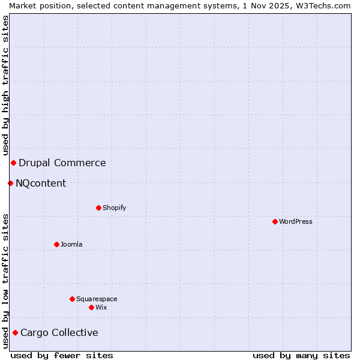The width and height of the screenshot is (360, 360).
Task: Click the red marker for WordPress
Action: [275, 221]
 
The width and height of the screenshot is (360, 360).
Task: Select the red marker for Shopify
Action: [98, 208]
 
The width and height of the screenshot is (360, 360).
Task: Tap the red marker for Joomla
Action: [56, 244]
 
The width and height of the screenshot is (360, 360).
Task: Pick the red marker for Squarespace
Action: [72, 299]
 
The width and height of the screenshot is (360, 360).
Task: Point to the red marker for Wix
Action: [91, 307]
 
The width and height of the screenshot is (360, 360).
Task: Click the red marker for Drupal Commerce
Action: [13, 163]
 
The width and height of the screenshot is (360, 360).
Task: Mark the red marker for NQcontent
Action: [10, 183]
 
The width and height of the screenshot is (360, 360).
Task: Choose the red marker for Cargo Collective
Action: [15, 332]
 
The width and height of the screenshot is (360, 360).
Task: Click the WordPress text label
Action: [296, 221]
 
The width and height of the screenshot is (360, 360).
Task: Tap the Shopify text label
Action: [115, 208]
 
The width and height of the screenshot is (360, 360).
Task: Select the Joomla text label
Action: [71, 244]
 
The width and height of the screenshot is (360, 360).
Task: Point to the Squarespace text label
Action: [97, 299]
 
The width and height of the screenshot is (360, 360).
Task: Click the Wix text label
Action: [101, 307]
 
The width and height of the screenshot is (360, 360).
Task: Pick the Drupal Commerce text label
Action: [62, 163]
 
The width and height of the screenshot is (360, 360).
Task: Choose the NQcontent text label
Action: [41, 183]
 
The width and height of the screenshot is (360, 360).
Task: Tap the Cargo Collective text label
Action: [59, 332]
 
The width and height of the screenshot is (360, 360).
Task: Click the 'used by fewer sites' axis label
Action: [62, 355]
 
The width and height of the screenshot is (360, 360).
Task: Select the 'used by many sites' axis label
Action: [301, 355]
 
